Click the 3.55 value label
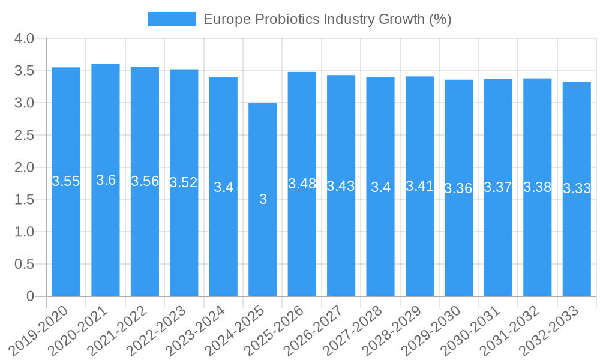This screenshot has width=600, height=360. click(x=66, y=181)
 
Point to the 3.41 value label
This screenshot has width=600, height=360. click(x=419, y=185)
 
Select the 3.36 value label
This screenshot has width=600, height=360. click(x=458, y=188)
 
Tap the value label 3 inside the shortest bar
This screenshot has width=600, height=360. click(x=263, y=199)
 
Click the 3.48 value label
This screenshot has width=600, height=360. click(x=302, y=184)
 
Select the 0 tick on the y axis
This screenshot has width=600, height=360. click(x=31, y=296)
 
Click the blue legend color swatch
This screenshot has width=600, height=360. click(x=172, y=19)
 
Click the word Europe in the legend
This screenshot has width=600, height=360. click(x=227, y=19)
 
